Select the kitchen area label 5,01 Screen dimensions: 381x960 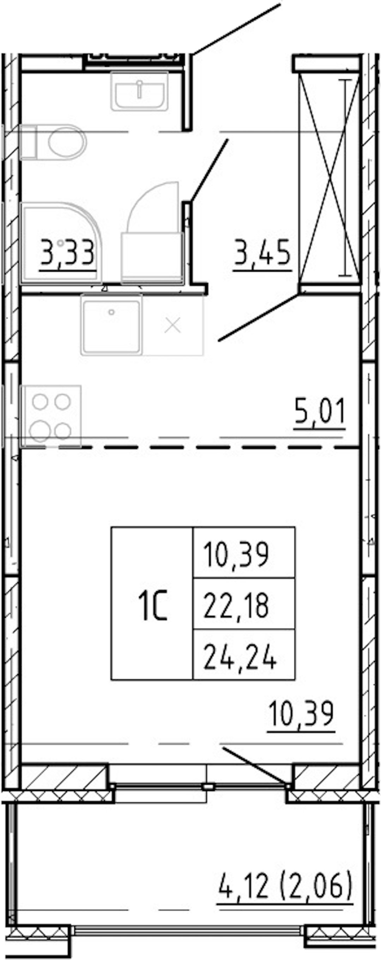[320, 411]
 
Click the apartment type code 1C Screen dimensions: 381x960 [153, 608]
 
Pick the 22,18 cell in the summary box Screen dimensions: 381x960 [236, 606]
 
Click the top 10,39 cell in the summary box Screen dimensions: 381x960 [236, 554]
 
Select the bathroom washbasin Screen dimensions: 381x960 [139, 91]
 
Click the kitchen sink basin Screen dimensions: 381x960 [111, 324]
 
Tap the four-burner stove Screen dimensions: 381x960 [51, 416]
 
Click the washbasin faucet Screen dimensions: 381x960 [139, 90]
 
